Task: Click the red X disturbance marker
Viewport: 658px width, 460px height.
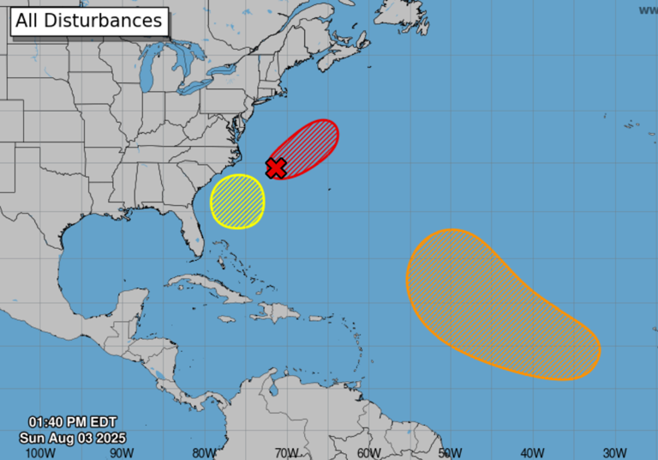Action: point(276,167)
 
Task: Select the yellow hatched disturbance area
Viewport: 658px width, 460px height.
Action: point(237,202)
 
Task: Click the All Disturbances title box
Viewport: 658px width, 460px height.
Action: point(89,21)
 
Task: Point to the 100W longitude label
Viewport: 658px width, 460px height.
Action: point(40,452)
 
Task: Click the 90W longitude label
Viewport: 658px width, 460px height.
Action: point(123,452)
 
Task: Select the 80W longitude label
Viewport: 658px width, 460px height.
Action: point(205,452)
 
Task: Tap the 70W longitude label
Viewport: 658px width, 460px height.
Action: point(287,452)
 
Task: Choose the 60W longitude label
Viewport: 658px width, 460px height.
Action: point(369,452)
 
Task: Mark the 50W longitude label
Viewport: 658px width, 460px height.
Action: point(452,452)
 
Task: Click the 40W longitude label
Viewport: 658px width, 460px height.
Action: point(534,452)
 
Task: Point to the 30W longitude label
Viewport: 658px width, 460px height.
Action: point(614,452)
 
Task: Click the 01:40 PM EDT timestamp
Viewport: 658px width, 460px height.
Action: point(72,422)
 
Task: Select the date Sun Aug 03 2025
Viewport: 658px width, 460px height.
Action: point(72,437)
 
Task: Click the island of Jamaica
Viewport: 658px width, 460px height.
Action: point(226,318)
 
